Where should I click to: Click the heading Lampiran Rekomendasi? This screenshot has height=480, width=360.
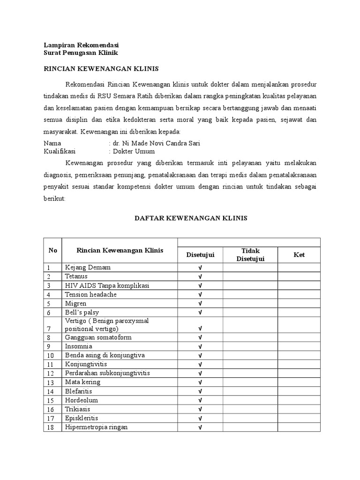(81, 45)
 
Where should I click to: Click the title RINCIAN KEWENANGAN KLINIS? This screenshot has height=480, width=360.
(101, 69)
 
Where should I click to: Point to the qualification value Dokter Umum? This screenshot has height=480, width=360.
(133, 151)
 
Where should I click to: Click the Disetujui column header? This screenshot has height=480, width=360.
(200, 255)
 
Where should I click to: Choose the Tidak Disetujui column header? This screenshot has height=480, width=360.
(250, 255)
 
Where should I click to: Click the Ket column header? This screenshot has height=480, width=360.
(299, 255)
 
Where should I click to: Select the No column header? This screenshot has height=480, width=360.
(52, 250)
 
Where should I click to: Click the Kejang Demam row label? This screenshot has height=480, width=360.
(88, 267)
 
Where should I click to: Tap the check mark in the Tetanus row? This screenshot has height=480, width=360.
(200, 277)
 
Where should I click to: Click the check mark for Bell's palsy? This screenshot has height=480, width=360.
(200, 312)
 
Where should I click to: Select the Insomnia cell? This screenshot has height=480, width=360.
(79, 346)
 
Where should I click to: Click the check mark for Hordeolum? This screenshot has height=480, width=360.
(200, 400)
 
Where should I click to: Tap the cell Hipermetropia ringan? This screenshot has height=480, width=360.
(97, 427)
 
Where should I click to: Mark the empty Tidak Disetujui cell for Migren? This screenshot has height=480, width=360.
(250, 303)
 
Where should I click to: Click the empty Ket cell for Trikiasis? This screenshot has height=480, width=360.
(299, 409)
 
